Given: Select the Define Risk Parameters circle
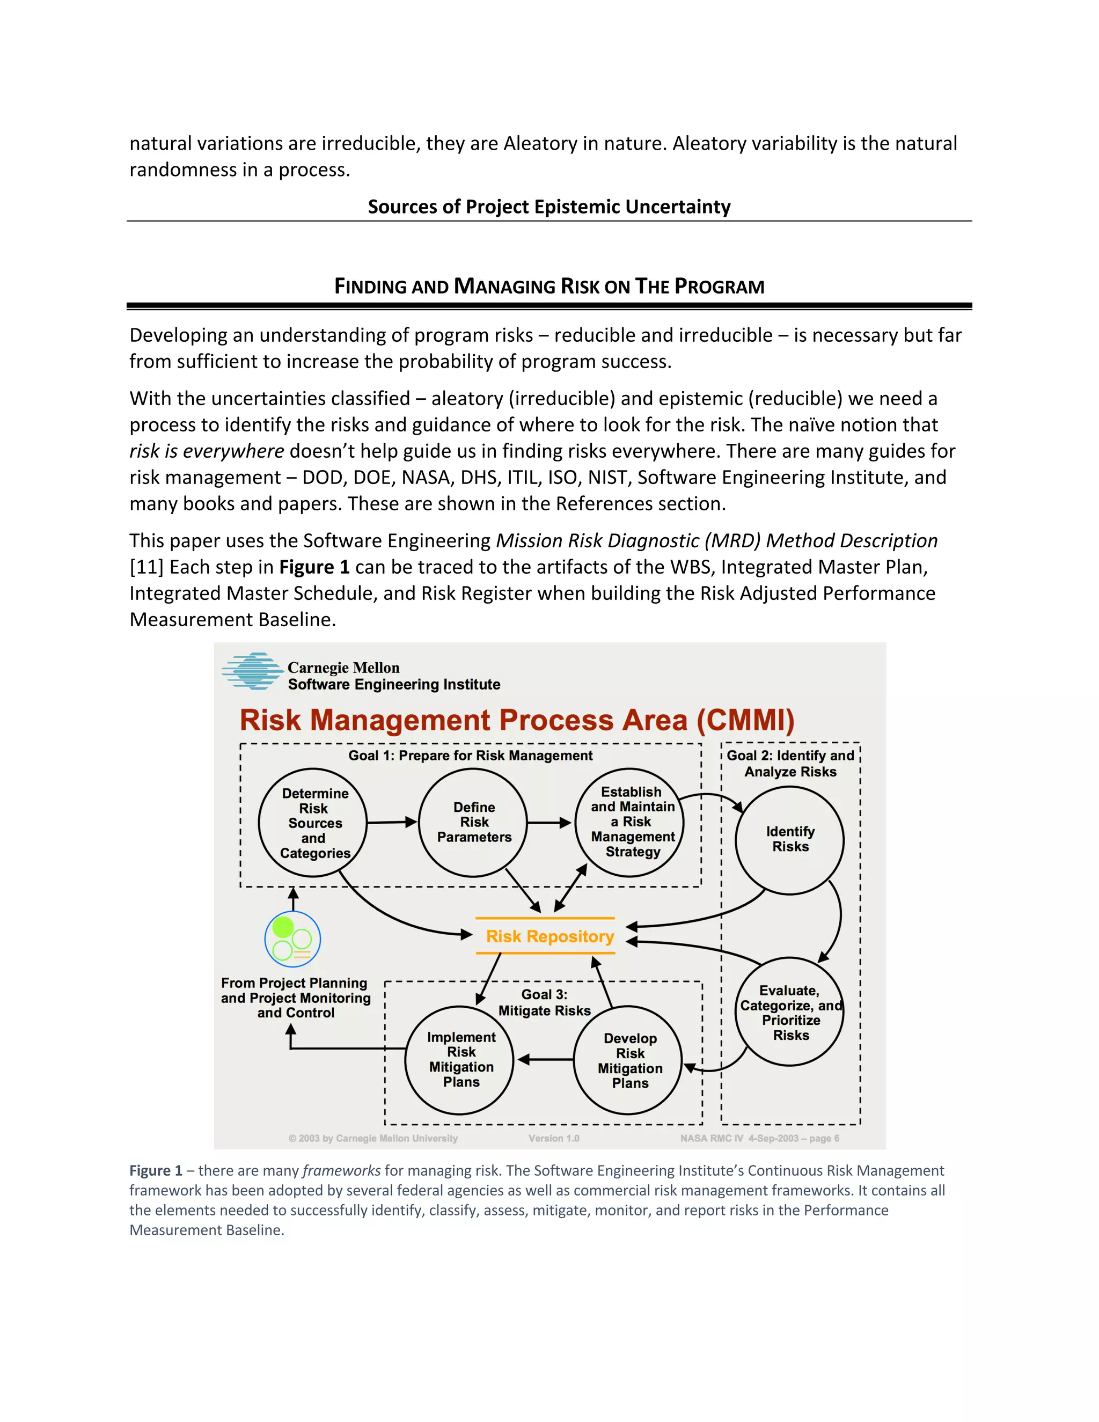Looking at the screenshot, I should (473, 822).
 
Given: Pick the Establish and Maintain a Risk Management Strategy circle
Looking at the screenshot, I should (629, 822).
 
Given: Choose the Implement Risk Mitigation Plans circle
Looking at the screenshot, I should (460, 1060).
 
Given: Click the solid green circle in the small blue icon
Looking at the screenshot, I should (283, 927).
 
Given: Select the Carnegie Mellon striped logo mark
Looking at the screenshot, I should (252, 671).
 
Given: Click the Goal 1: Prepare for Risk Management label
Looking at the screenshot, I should (470, 756).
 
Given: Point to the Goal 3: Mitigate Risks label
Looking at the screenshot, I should (544, 1003).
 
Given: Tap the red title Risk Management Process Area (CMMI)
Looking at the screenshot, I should (517, 720).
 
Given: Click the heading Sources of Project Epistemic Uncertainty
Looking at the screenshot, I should (549, 207).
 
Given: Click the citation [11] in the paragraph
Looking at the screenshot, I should (146, 567).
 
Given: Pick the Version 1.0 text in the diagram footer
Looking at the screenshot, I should (553, 1138).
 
